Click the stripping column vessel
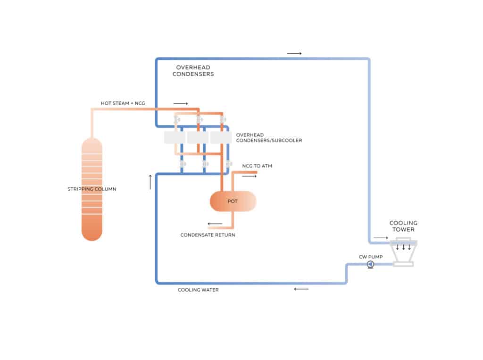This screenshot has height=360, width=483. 92,189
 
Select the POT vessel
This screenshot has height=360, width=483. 233,201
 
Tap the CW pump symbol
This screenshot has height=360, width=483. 370,265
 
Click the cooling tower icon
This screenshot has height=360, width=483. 403,252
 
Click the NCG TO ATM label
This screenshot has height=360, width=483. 257,166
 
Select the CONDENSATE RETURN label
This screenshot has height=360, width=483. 208,234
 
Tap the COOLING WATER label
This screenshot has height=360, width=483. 198,290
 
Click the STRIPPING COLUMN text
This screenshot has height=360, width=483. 92,189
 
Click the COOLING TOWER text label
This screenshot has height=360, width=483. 403,226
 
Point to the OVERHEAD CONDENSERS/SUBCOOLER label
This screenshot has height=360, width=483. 269,138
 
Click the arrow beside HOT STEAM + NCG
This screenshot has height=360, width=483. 180,103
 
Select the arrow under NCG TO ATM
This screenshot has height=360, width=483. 250,176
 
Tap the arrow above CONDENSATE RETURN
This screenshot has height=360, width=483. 215,224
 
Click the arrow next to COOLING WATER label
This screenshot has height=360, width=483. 301,289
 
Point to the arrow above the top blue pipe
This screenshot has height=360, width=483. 294,54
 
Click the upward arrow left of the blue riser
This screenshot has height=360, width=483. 150,182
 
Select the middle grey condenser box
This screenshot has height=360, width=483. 198,137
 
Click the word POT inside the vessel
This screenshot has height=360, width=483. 233,201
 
